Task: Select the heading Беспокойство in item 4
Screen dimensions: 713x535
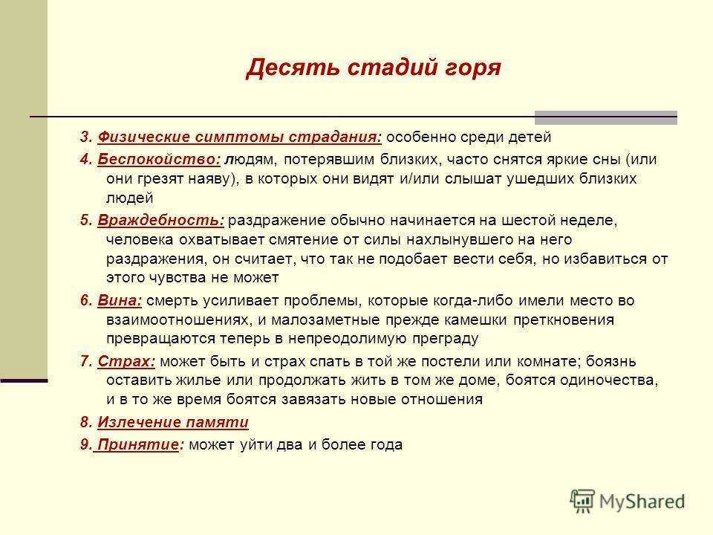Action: click(159, 160)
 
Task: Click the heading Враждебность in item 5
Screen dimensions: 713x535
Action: click(160, 221)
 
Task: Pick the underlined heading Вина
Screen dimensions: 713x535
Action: click(120, 301)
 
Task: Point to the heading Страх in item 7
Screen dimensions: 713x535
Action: click(126, 362)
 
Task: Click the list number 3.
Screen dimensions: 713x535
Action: click(86, 137)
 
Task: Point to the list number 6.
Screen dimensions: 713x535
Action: click(86, 301)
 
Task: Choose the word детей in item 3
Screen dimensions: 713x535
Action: click(530, 137)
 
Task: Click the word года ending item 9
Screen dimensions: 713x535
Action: click(385, 445)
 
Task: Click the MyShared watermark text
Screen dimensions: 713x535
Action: click(642, 502)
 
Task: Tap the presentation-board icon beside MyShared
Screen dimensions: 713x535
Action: click(582, 502)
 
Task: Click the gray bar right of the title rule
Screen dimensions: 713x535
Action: click(606, 118)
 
